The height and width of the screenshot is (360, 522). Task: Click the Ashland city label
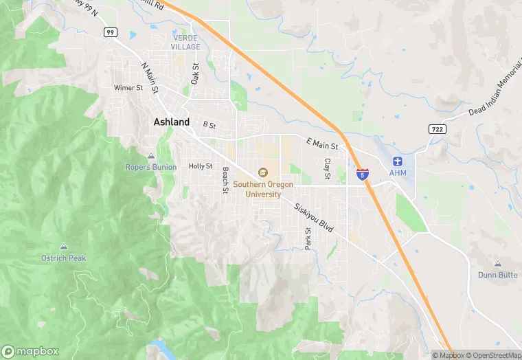click(x=171, y=122)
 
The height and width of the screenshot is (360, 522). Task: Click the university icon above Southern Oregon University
click(x=262, y=172)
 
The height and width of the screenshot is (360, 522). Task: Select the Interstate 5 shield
click(x=362, y=175)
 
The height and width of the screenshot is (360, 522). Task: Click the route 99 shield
click(x=110, y=32)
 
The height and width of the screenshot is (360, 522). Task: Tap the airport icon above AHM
click(x=397, y=161)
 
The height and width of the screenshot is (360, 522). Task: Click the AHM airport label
click(x=398, y=172)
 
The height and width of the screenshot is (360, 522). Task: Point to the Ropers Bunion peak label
click(x=151, y=166)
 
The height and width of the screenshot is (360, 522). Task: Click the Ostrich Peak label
click(x=64, y=258)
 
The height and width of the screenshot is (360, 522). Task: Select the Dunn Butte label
click(x=498, y=275)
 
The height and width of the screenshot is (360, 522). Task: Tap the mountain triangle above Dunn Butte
click(x=498, y=264)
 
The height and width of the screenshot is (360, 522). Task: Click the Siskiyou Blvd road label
click(x=313, y=217)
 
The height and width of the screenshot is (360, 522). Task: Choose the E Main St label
click(x=322, y=144)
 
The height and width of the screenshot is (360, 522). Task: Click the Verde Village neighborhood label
click(x=185, y=42)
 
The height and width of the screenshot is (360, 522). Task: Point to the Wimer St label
click(x=128, y=88)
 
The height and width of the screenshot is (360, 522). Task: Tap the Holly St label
click(x=201, y=166)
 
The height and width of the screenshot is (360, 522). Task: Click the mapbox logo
click(x=31, y=351)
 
